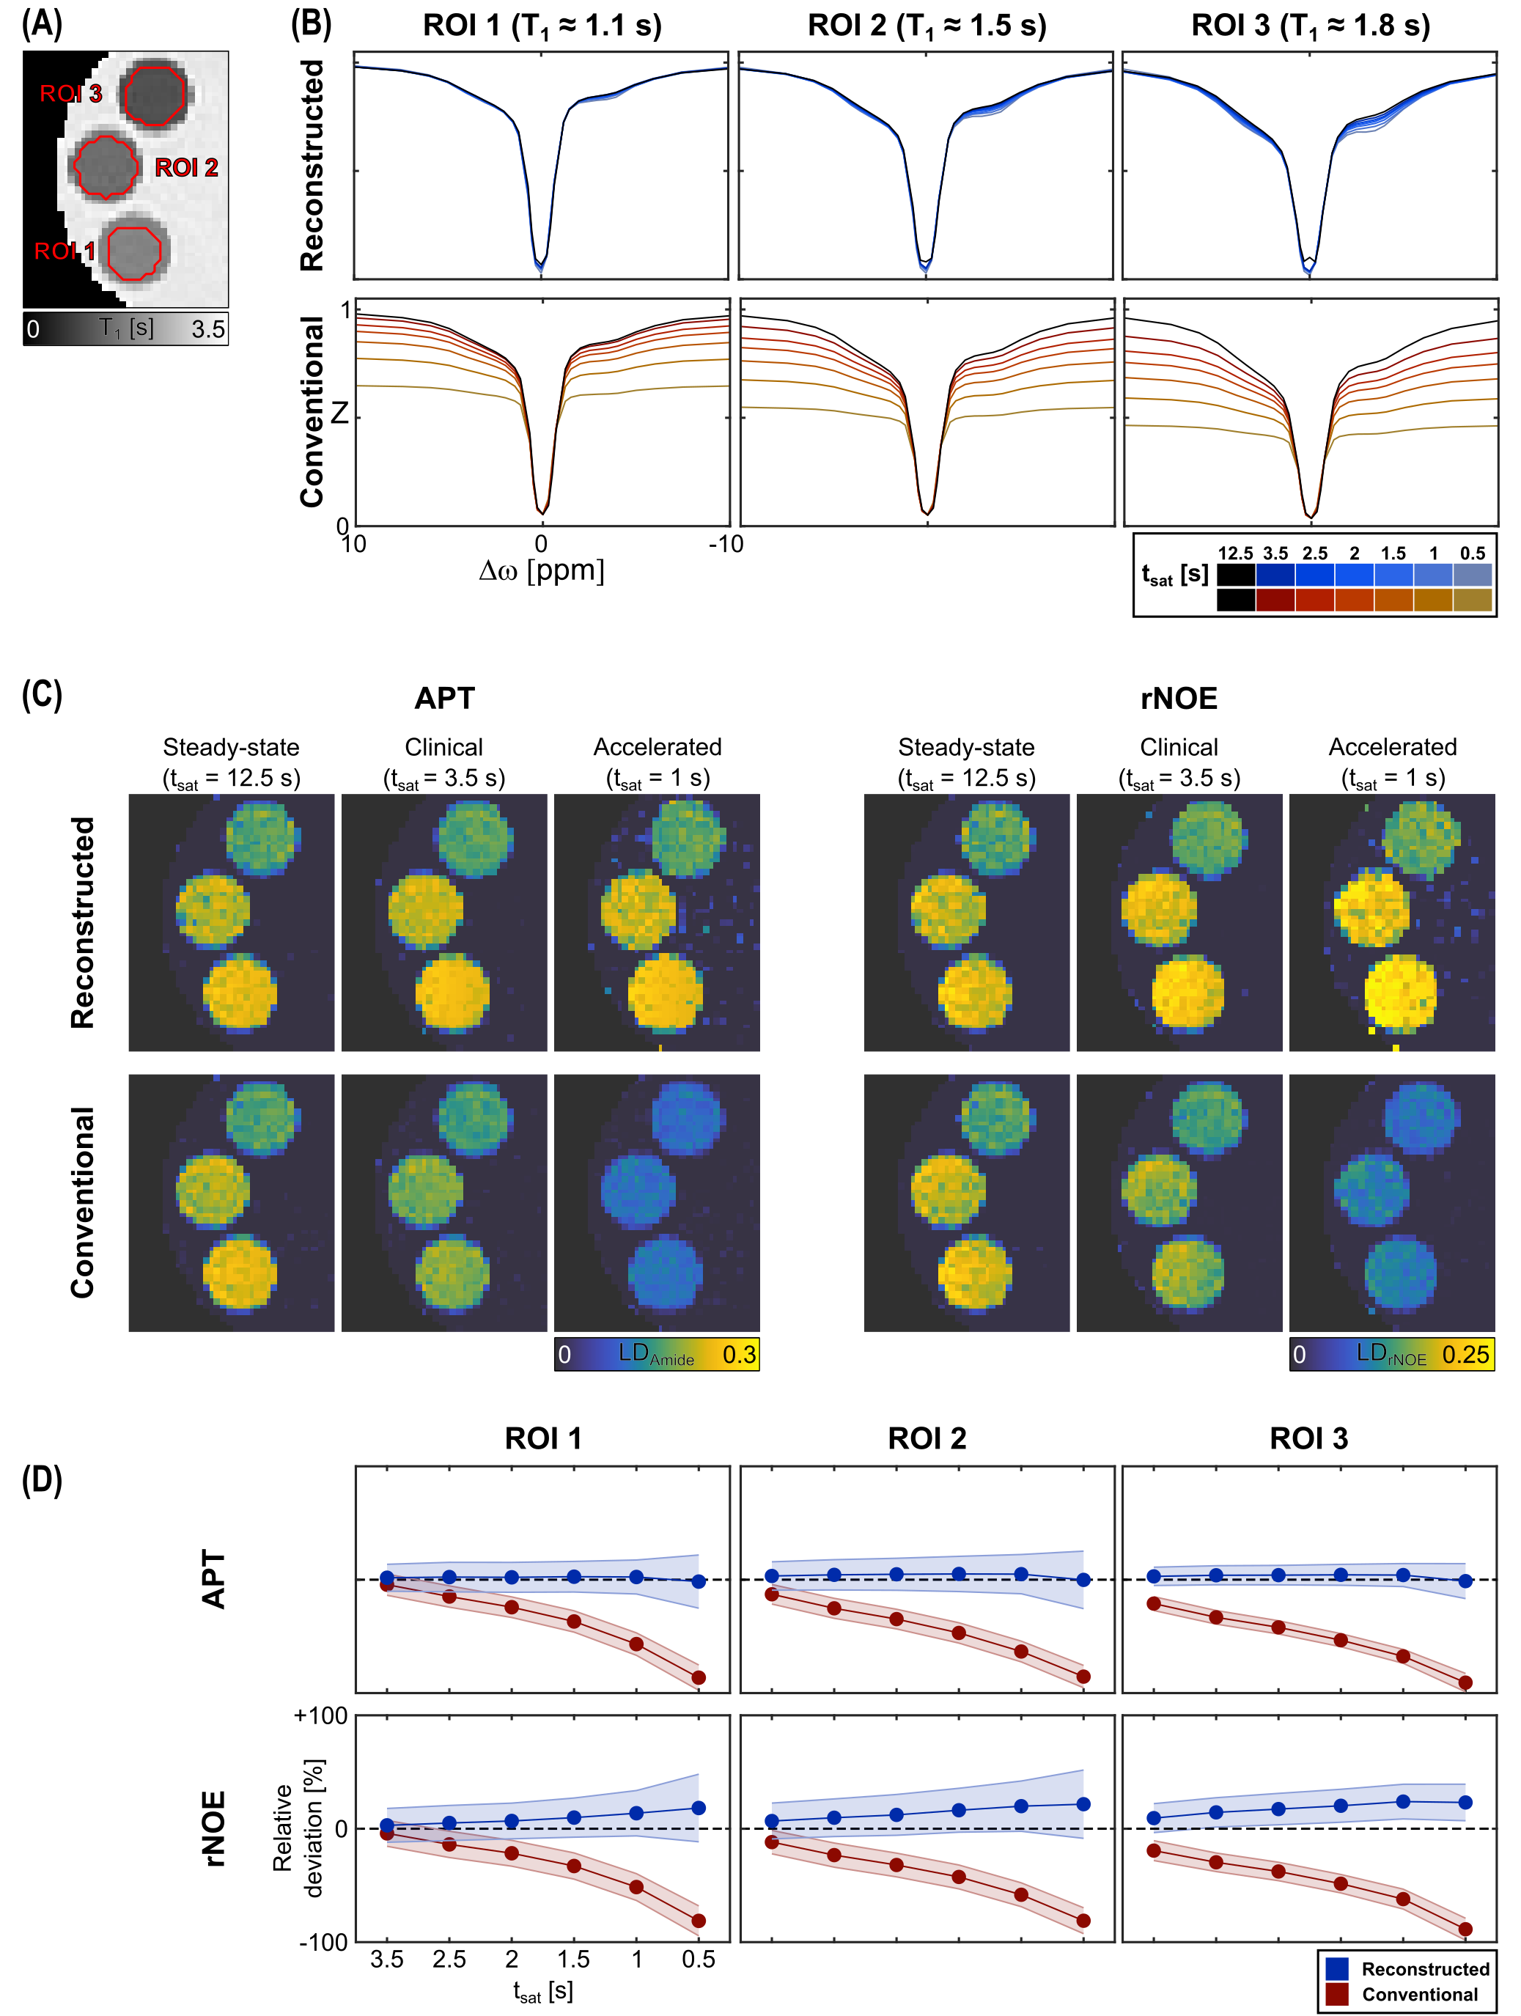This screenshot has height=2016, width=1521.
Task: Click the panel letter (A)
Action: point(42,23)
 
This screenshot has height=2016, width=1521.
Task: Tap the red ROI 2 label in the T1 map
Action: point(186,168)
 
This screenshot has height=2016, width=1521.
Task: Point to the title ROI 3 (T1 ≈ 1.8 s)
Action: point(1310,26)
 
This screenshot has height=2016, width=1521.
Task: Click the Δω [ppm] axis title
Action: point(541,571)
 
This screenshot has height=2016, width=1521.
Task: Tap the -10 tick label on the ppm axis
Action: point(726,545)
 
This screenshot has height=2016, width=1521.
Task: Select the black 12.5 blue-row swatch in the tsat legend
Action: point(1235,575)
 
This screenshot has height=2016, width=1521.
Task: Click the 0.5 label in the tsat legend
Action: point(1472,553)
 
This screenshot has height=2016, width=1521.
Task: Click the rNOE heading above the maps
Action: point(1179,698)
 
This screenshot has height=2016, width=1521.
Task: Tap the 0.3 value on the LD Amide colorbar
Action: point(739,1354)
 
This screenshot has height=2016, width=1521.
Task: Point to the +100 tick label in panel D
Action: point(321,1716)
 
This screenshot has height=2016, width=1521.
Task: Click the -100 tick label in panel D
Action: point(323,1942)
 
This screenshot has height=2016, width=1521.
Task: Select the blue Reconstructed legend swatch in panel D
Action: point(1337,1968)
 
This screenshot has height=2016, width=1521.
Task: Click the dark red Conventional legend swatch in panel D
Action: point(1337,1994)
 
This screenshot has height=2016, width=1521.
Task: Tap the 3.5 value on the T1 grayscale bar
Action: point(207,329)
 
